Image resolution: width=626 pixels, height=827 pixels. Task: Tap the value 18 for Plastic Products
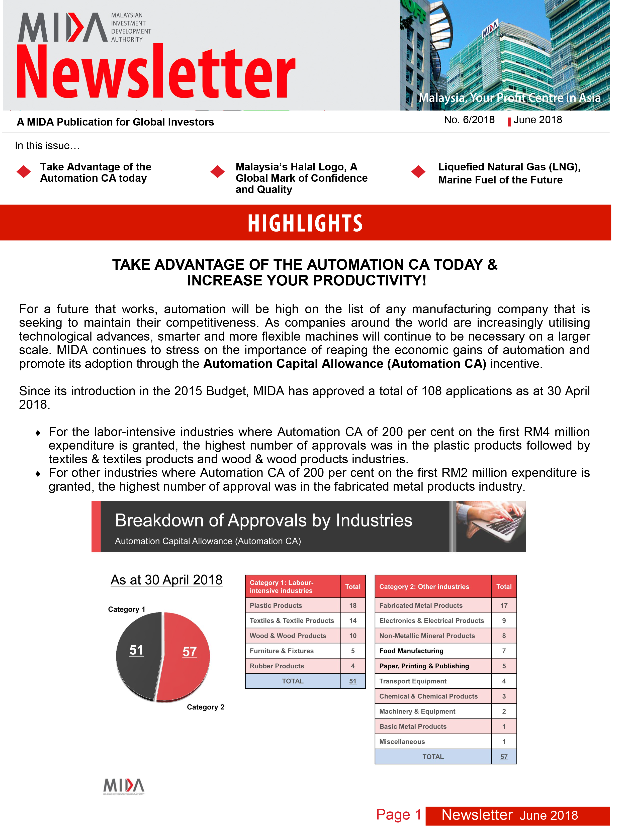click(x=353, y=605)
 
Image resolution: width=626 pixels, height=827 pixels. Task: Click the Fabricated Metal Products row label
click(x=421, y=605)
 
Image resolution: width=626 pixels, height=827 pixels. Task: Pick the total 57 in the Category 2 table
click(x=504, y=757)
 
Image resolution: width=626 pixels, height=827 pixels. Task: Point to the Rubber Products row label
click(x=277, y=666)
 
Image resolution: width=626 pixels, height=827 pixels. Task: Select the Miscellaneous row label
click(x=402, y=741)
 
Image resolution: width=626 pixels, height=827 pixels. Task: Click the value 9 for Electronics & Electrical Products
click(x=504, y=621)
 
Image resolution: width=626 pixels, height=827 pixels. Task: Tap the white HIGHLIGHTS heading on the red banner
click(x=305, y=223)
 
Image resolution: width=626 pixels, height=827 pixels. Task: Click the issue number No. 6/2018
click(x=469, y=120)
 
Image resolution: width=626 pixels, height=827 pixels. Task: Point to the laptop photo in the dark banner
click(x=491, y=526)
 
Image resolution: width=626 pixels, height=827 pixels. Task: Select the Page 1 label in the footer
click(x=399, y=815)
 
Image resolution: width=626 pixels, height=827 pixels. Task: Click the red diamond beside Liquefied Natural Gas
click(x=418, y=172)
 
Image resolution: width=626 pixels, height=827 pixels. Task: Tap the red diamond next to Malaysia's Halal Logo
click(x=217, y=172)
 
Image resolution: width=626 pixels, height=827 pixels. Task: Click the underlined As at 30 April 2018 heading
click(x=166, y=580)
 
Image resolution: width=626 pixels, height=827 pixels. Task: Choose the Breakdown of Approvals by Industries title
click(x=264, y=521)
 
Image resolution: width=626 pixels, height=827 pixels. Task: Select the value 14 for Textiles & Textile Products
click(x=353, y=621)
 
